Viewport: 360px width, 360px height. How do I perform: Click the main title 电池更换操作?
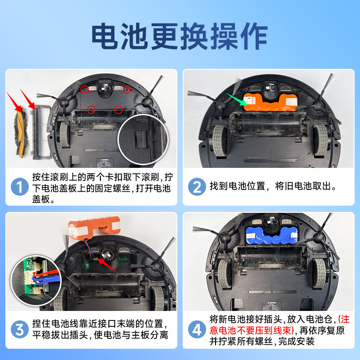180,36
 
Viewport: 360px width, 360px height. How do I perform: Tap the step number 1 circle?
19,186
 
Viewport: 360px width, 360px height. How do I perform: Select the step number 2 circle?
197,186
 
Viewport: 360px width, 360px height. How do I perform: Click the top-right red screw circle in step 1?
127,90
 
